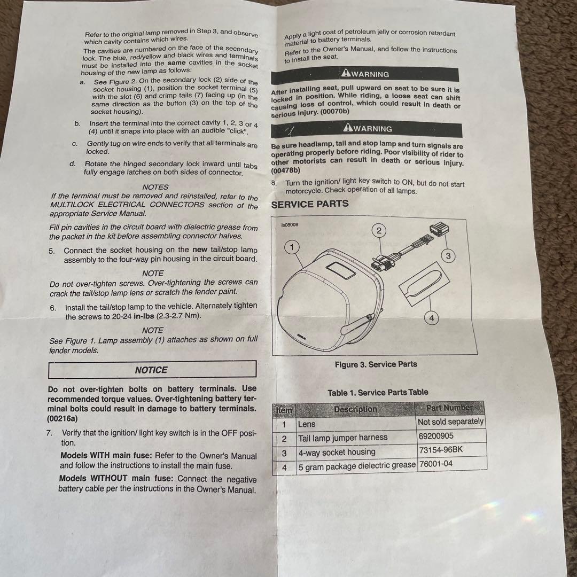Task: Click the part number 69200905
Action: [436, 436]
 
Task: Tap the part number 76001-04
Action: [436, 464]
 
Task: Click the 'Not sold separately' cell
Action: [450, 422]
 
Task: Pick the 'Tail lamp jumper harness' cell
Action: [342, 438]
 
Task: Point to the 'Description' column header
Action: [355, 409]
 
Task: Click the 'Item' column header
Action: [284, 410]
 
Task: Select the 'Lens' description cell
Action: [307, 424]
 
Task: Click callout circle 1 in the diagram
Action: [292, 247]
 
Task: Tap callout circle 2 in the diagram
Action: [379, 231]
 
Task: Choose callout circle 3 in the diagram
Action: [448, 256]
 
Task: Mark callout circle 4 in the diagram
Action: [432, 318]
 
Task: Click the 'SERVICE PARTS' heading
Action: [310, 204]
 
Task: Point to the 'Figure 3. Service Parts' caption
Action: [376, 364]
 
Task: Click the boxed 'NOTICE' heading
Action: [151, 370]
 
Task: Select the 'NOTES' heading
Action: [155, 187]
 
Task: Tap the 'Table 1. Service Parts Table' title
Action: [378, 393]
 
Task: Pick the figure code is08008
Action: [290, 225]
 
